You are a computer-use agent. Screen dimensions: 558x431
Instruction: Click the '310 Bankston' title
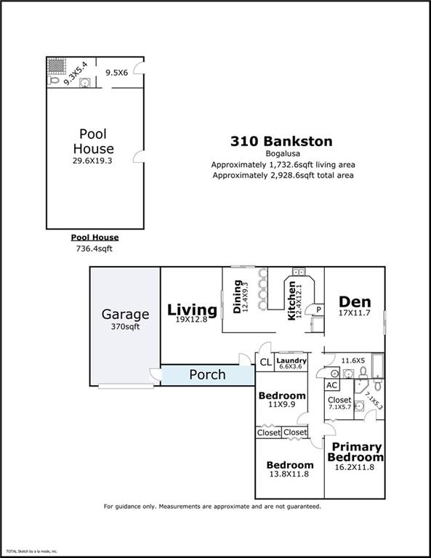point(281,141)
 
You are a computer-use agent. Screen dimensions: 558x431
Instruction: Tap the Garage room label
point(125,315)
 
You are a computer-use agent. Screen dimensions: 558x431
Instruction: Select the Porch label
point(207,375)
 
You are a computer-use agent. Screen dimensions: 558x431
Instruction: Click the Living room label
point(192,310)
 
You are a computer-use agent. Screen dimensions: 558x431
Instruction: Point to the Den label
point(355,302)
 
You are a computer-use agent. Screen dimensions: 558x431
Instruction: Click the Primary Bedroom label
point(355,452)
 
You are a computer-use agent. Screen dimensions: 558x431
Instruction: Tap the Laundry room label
point(291,360)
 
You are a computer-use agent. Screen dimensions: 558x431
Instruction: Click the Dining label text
point(237,297)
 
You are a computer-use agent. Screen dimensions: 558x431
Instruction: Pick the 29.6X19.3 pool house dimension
point(92,161)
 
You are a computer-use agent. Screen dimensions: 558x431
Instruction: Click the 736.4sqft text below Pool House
point(94,248)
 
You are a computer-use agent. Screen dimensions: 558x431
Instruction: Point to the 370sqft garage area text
point(125,327)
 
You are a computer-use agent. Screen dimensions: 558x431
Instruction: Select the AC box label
point(331,386)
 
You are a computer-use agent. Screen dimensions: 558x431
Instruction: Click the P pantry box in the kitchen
point(318,310)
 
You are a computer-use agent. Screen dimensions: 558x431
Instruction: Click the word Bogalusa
point(282,154)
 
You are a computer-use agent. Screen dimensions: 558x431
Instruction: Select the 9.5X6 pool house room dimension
point(116,73)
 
